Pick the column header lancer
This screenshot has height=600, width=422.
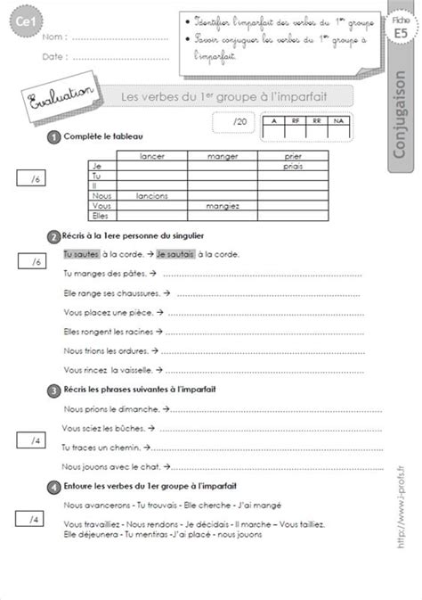[154, 156]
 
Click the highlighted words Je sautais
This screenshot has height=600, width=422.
[174, 254]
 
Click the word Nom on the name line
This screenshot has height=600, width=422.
[52, 37]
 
